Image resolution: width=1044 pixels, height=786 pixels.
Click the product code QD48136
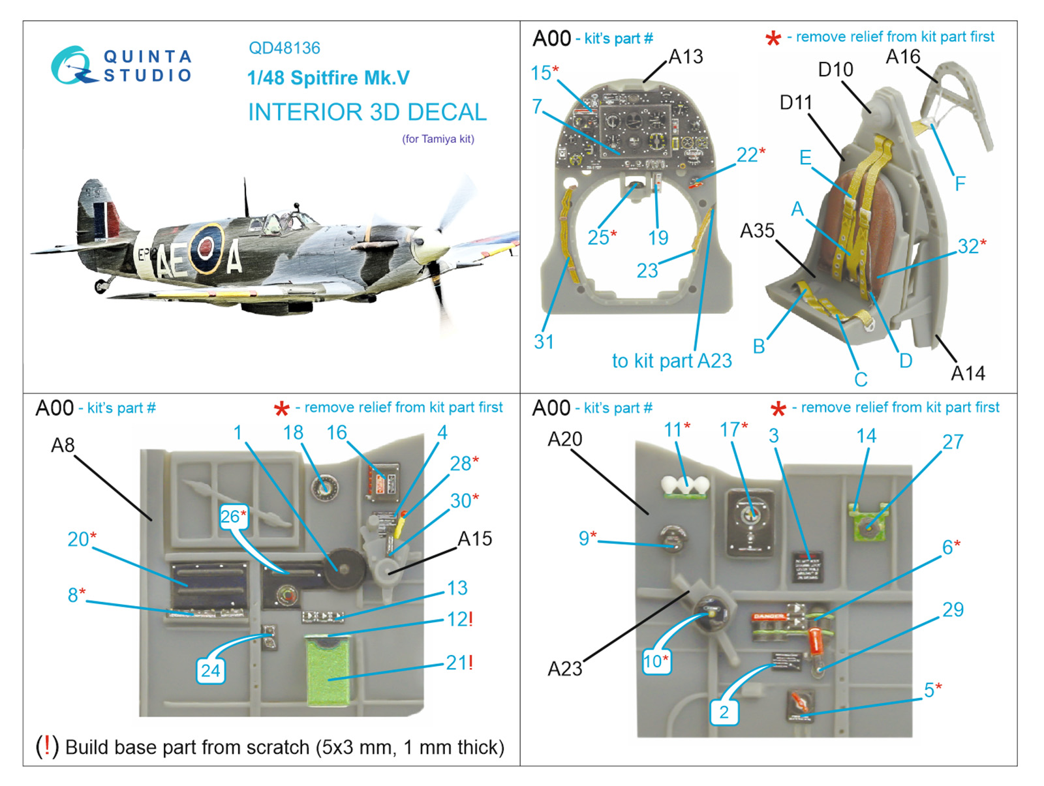tap(284, 48)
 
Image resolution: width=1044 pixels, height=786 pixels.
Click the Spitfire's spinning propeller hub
tap(428, 243)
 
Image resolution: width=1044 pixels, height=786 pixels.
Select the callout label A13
tap(686, 57)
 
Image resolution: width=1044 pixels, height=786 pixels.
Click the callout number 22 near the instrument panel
tap(748, 155)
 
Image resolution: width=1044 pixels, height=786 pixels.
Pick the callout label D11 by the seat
tap(796, 102)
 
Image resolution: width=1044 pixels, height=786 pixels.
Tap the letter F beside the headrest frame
tap(960, 184)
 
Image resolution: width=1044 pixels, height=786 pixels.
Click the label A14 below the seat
tap(968, 373)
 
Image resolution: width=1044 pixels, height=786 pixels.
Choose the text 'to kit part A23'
tap(671, 361)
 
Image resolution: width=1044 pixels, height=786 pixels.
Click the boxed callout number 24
tap(210, 671)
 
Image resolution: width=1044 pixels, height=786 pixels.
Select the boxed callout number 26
tap(232, 517)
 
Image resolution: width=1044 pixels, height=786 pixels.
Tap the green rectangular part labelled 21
tap(328, 672)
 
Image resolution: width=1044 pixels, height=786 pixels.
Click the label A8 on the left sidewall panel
tap(63, 446)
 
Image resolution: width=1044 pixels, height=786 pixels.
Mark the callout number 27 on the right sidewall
tap(953, 442)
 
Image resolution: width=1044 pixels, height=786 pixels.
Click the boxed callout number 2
tap(724, 712)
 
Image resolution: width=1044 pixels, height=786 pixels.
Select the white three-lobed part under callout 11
tap(685, 486)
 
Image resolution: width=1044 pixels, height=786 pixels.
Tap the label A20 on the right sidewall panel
tap(564, 439)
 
